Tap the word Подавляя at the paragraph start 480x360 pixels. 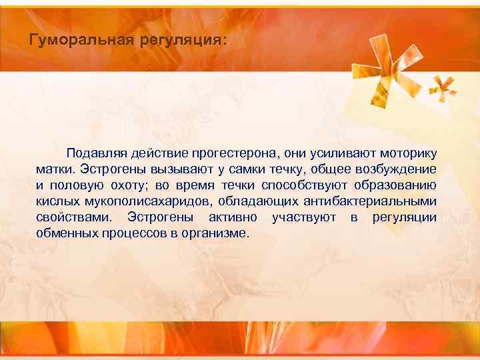pos(95,154)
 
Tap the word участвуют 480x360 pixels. pos(303,218)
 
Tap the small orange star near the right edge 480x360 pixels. pos(443,87)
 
